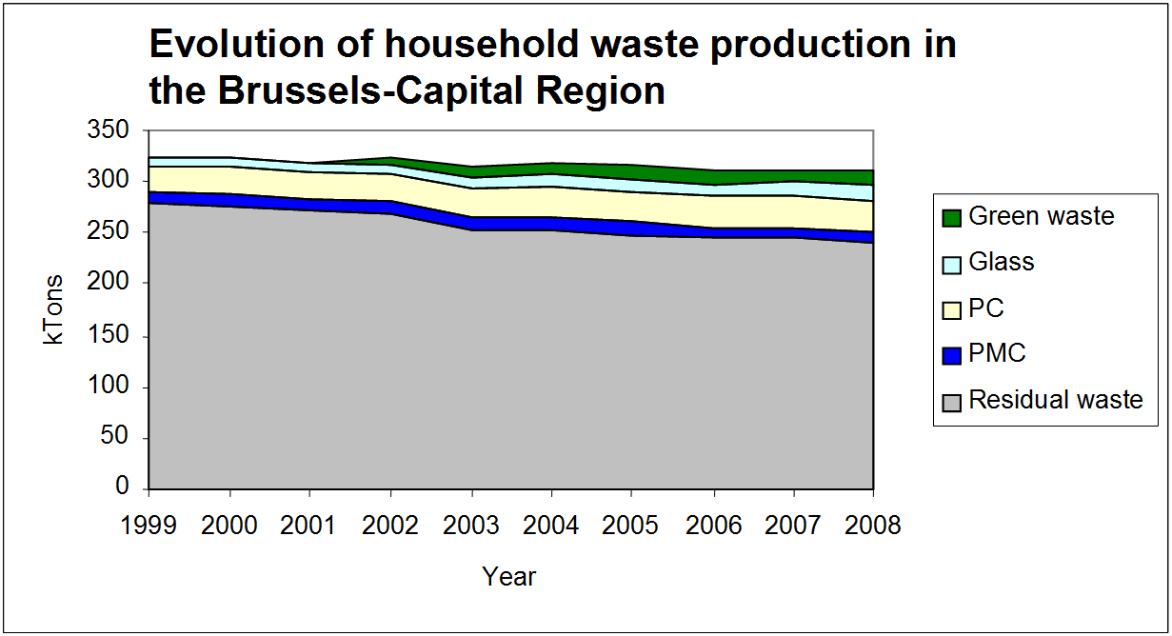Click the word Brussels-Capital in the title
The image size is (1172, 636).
pyautogui.click(x=367, y=91)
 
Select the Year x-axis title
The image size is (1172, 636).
pyautogui.click(x=509, y=576)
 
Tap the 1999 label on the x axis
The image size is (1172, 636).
pyautogui.click(x=149, y=527)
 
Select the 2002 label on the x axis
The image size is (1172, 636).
pyautogui.click(x=390, y=527)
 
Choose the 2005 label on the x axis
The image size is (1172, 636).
pyautogui.click(x=632, y=527)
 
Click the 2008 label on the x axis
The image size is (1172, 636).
pyautogui.click(x=873, y=527)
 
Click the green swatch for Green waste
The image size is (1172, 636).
pyautogui.click(x=951, y=217)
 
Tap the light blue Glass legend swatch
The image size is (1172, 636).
pyautogui.click(x=951, y=263)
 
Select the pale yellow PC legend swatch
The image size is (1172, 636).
pyautogui.click(x=951, y=309)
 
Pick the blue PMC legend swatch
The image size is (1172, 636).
pyautogui.click(x=951, y=355)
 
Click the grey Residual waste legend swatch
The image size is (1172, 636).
pyautogui.click(x=951, y=401)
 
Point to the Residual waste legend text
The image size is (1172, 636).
pyautogui.click(x=1055, y=400)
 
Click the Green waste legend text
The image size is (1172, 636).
pyautogui.click(x=1041, y=216)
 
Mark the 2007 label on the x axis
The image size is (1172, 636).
pyautogui.click(x=793, y=527)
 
